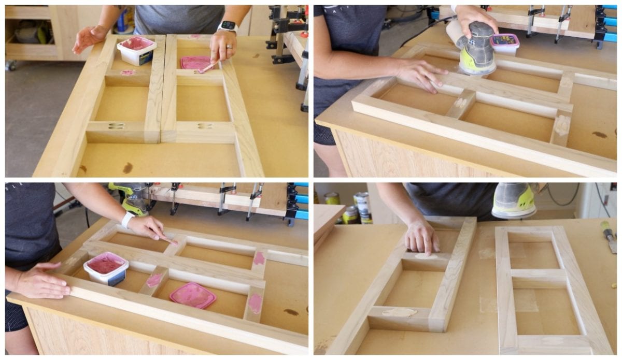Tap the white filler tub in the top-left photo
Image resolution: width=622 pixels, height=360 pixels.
click(x=136, y=51)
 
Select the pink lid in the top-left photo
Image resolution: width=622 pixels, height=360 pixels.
click(x=195, y=63)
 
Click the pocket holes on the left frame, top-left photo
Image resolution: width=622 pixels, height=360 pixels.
click(x=116, y=126)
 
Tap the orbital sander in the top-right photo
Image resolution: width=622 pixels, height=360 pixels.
click(x=476, y=49)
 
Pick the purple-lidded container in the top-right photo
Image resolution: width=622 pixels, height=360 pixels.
click(x=504, y=44)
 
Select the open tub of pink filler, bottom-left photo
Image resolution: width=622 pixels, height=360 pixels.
click(x=106, y=268)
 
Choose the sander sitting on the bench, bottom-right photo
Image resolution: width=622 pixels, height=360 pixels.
click(x=514, y=199)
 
